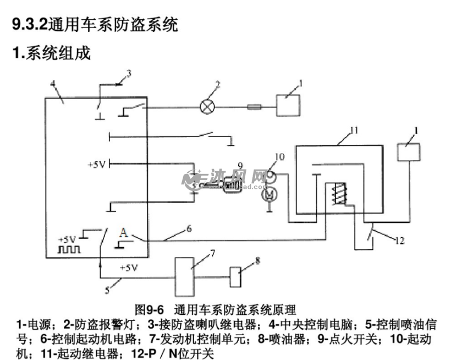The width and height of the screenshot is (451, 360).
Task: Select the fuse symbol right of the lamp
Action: pyautogui.click(x=255, y=107)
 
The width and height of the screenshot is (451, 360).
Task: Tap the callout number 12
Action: pyautogui.click(x=400, y=240)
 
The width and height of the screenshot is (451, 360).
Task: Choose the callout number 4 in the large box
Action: pyautogui.click(x=52, y=84)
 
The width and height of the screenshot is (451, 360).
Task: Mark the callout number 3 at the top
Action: pyautogui.click(x=129, y=73)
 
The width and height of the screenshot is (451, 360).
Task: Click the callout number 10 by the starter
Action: pyautogui.click(x=279, y=157)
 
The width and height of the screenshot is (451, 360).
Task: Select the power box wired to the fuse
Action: pyautogui.click(x=288, y=105)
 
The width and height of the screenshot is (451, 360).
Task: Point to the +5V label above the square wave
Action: pyautogui.click(x=67, y=239)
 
